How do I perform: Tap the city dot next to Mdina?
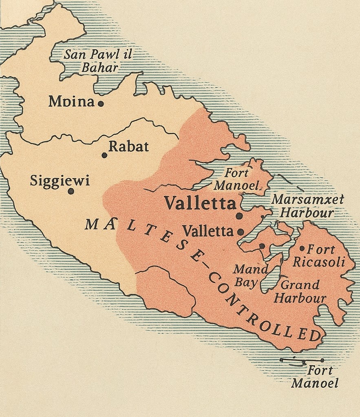(101, 104)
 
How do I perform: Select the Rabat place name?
(129, 147)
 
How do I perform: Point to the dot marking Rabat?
(104, 155)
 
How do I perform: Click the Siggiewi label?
(60, 181)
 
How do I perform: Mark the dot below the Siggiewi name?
(71, 191)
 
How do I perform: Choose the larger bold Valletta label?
(200, 203)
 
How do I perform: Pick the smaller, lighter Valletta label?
(208, 231)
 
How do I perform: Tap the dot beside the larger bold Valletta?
(239, 216)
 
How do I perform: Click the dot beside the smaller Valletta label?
(241, 232)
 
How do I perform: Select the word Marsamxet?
(307, 199)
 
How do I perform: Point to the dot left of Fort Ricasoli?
(302, 248)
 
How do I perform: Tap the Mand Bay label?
(250, 276)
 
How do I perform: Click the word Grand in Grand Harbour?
(300, 285)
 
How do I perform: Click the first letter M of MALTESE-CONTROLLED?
(91, 224)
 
